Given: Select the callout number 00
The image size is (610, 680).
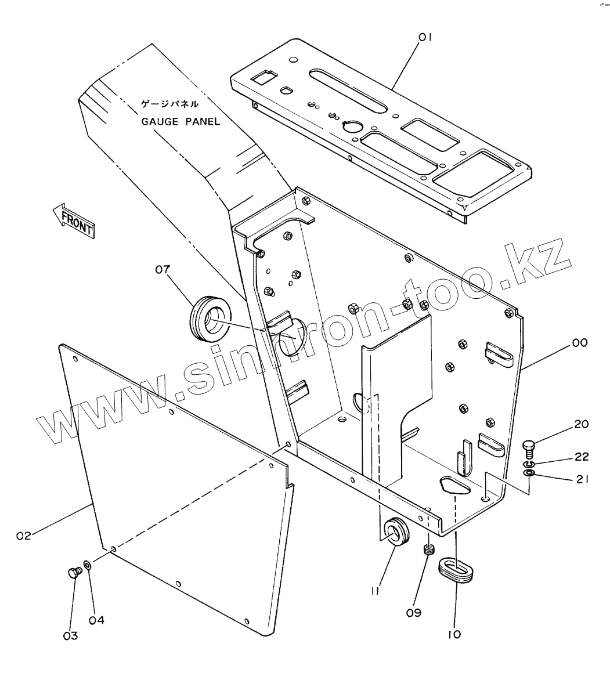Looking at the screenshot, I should [580, 343].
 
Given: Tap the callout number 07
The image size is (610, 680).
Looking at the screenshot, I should [163, 269].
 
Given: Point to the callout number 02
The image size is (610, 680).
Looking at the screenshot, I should [23, 536].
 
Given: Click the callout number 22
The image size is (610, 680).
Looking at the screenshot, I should [581, 457].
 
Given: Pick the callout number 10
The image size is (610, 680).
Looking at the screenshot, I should [454, 634].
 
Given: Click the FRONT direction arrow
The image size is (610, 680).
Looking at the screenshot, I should [73, 221].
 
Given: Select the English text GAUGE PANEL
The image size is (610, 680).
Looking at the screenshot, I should [181, 122].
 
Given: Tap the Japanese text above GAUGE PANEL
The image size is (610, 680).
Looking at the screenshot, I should [171, 105].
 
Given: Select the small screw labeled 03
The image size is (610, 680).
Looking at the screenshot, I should [73, 573].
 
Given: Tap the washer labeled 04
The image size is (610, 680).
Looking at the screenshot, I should [87, 564].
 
